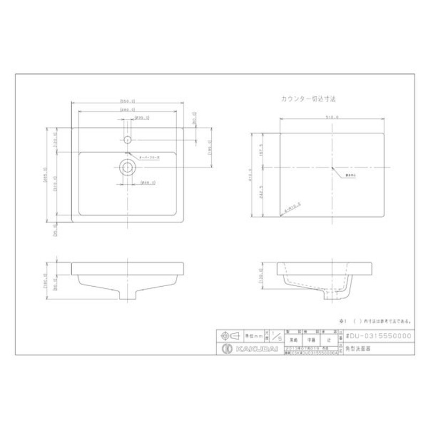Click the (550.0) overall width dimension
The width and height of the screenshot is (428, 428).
[127, 100]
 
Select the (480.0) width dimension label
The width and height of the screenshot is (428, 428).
[127, 109]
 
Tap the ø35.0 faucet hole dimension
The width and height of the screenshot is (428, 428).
[142, 117]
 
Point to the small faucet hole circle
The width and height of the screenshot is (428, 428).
[127, 140]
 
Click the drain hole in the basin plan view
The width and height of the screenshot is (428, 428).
[127, 166]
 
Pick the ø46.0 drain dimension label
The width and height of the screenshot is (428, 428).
[147, 183]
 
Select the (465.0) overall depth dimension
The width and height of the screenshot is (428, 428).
[47, 174]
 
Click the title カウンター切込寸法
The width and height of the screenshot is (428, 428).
[308, 99]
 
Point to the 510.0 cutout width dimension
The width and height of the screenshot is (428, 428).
[332, 117]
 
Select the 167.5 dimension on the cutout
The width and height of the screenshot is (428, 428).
[262, 150]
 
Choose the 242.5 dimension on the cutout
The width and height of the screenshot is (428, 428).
[262, 193]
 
